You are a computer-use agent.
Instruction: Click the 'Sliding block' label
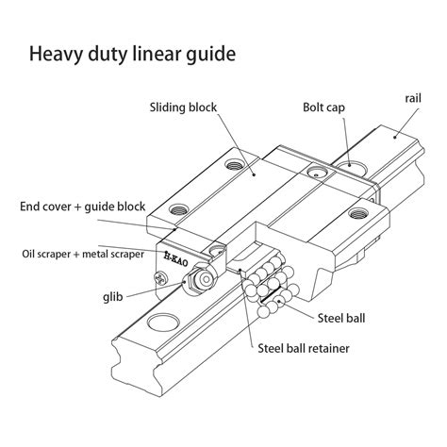184,108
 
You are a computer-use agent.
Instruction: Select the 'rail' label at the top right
412,97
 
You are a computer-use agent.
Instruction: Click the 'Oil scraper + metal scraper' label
83,254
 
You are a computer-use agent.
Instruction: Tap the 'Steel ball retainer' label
303,348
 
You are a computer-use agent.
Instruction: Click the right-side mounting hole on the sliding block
357,216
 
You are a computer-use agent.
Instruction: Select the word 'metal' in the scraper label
104,254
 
